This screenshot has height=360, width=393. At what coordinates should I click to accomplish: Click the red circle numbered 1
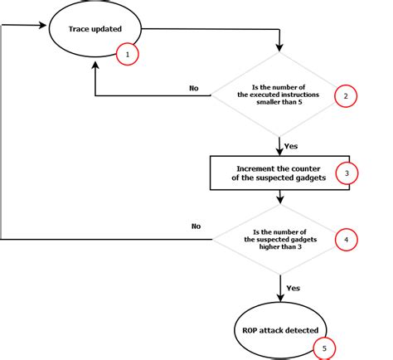point(126,56)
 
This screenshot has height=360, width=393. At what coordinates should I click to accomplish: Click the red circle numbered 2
point(347,96)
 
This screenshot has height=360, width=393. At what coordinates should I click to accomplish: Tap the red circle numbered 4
point(347,241)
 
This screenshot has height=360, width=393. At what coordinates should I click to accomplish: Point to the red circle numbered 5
point(324,348)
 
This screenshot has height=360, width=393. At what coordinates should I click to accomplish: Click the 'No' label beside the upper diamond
point(194,86)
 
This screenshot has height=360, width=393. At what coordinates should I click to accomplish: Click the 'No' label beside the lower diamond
point(196,226)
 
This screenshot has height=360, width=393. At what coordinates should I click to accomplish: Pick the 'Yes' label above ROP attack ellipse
point(292,289)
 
